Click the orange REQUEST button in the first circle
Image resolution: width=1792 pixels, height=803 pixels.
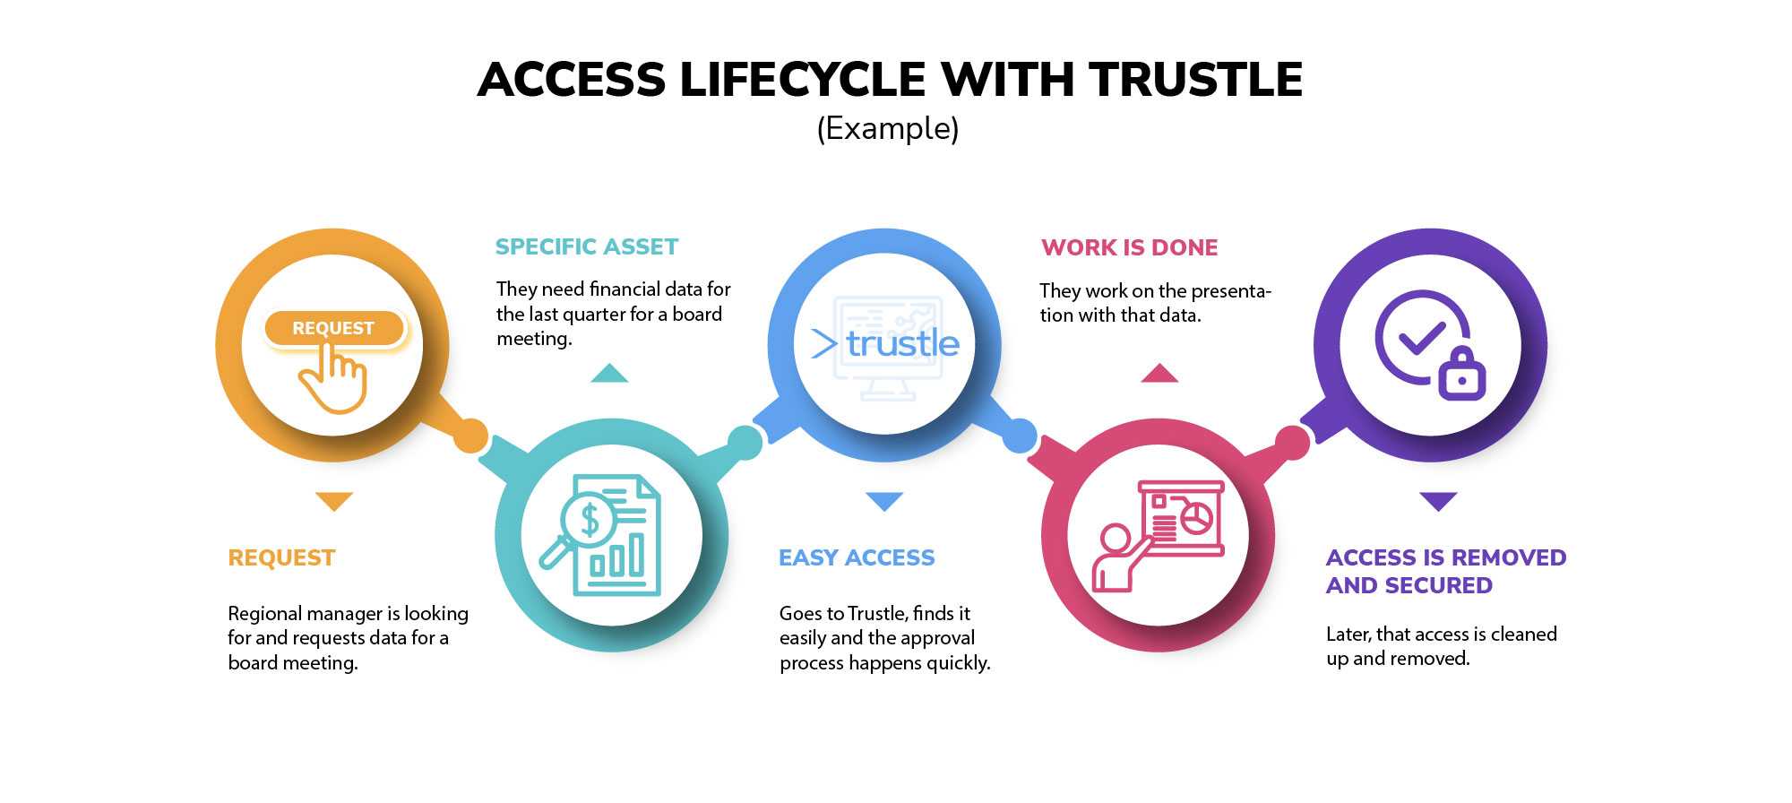pyautogui.click(x=333, y=328)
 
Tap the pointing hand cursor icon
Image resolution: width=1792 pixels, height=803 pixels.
pyautogui.click(x=333, y=379)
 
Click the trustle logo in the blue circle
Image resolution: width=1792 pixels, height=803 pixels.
pyautogui.click(x=885, y=343)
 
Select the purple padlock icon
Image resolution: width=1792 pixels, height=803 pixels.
pyautogui.click(x=1462, y=373)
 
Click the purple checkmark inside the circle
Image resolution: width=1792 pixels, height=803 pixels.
pyautogui.click(x=1422, y=337)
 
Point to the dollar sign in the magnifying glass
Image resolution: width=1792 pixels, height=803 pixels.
pyautogui.click(x=590, y=520)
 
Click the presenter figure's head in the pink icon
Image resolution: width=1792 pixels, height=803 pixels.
pyautogui.click(x=1116, y=540)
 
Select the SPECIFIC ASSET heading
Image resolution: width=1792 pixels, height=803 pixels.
pyautogui.click(x=587, y=246)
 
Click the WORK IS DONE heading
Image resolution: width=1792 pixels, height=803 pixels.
pyautogui.click(x=1129, y=247)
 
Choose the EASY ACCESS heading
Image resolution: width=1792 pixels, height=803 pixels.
pyautogui.click(x=857, y=557)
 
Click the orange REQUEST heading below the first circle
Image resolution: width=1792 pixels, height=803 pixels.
pyautogui.click(x=281, y=557)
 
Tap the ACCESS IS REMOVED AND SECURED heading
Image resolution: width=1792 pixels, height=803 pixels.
pyautogui.click(x=1446, y=571)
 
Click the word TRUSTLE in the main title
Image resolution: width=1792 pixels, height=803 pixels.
pyautogui.click(x=1196, y=80)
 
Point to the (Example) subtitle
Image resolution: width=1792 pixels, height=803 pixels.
pyautogui.click(x=888, y=129)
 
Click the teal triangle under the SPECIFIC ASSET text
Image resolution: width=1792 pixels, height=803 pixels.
pyautogui.click(x=609, y=373)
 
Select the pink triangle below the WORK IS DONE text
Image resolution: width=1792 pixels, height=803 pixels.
pyautogui.click(x=1159, y=373)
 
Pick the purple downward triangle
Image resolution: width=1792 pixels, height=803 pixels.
pyautogui.click(x=1438, y=501)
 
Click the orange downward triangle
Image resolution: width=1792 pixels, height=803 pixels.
pyautogui.click(x=334, y=501)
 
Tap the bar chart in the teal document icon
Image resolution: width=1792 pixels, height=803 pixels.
pyautogui.click(x=616, y=557)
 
